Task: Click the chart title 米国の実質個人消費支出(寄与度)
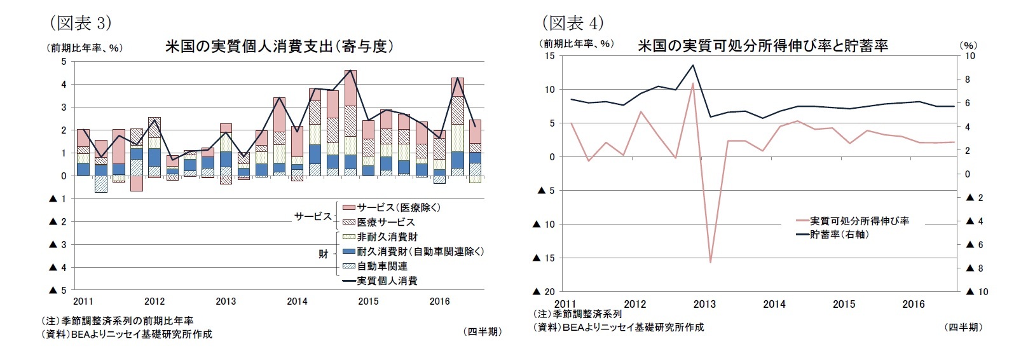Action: (x=279, y=46)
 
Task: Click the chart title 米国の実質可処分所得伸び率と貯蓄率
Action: (x=762, y=46)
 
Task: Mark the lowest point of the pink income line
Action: (x=710, y=261)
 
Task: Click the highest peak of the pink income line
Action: (x=692, y=83)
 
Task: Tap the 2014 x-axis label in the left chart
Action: (x=297, y=301)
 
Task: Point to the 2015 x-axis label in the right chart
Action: (x=844, y=304)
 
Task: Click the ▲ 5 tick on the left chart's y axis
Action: (x=58, y=291)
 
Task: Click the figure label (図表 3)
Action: (x=80, y=23)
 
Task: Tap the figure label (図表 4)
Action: (x=572, y=23)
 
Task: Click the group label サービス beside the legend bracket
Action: (x=313, y=216)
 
